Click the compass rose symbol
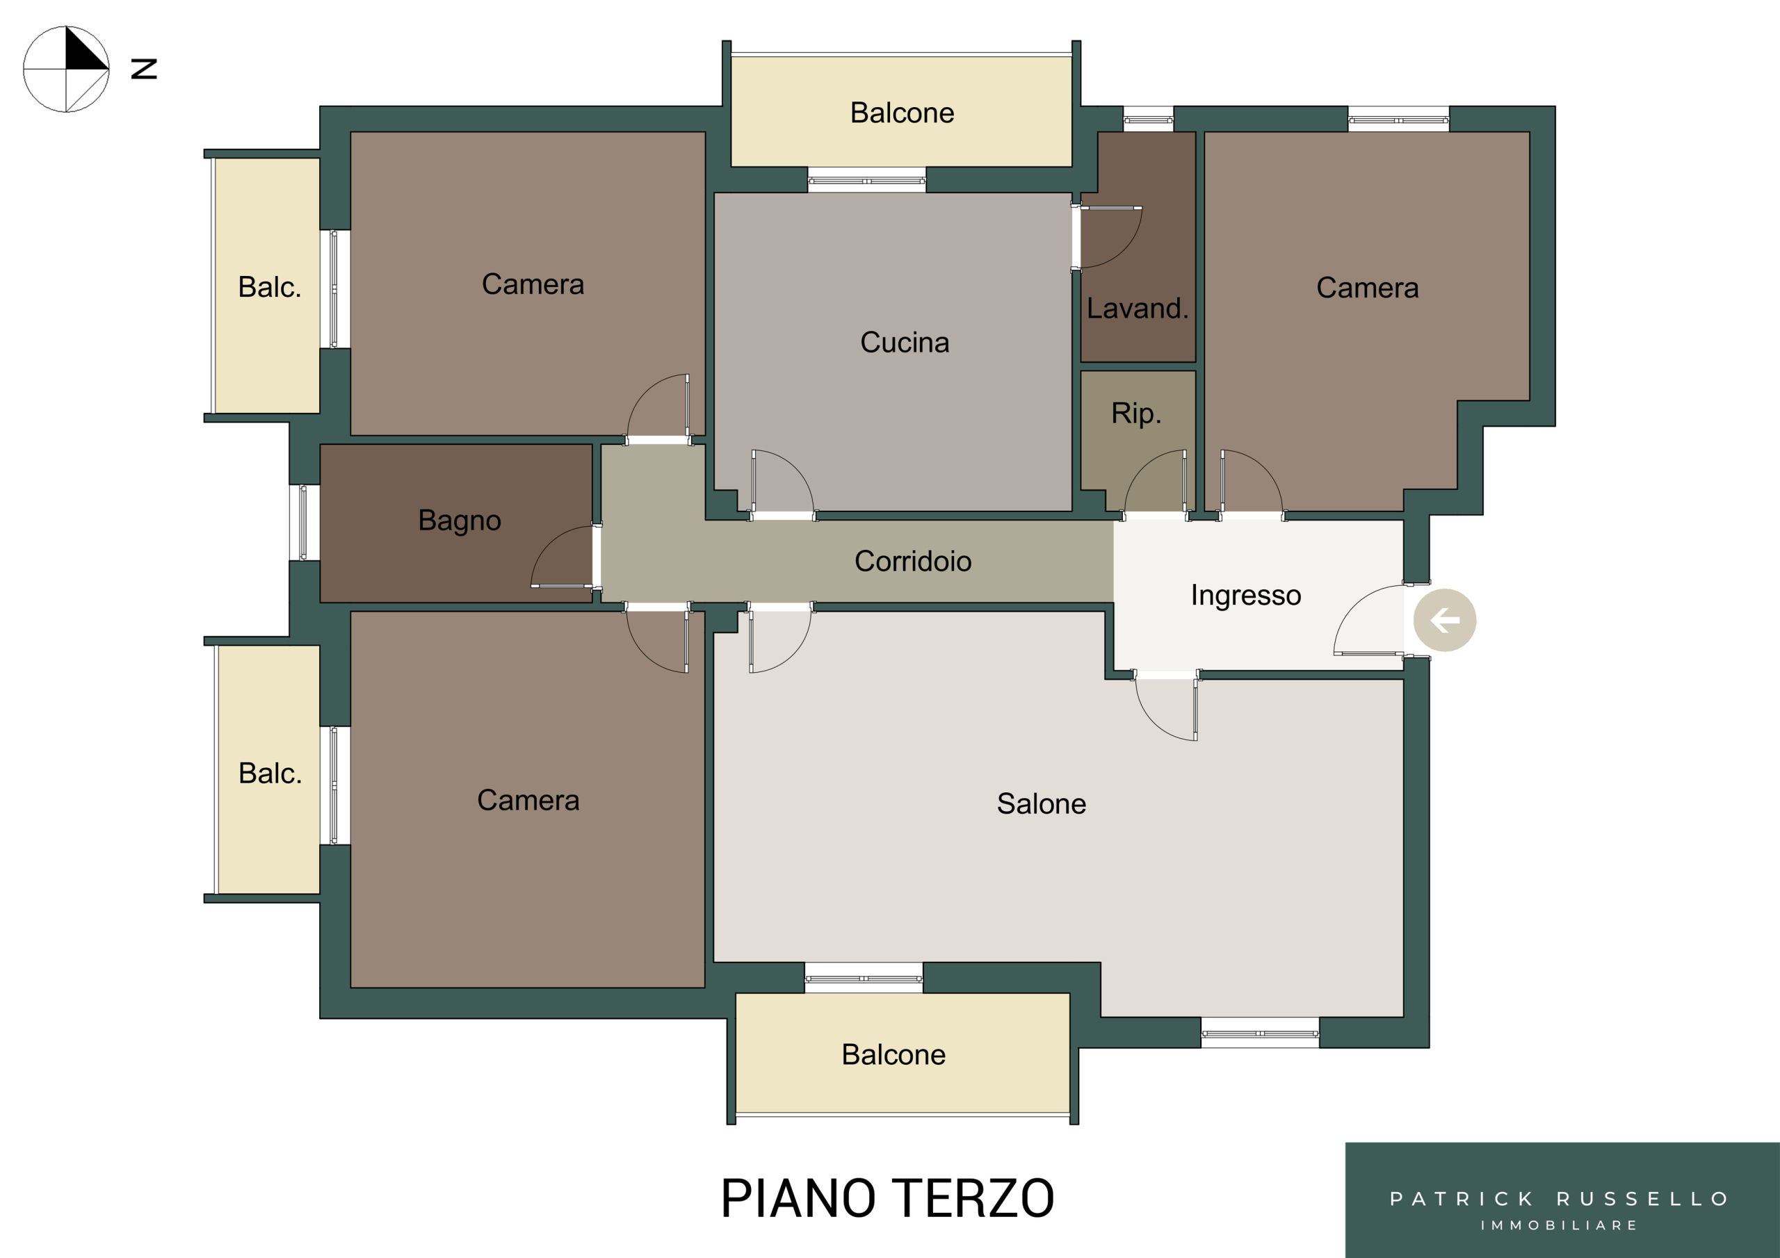coord(66,69)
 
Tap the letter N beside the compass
coord(144,69)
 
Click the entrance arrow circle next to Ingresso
coord(1444,620)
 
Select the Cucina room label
coord(905,343)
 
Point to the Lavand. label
coord(1138,309)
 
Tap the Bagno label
coord(460,521)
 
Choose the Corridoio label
coord(913,561)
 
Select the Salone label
coord(1041,803)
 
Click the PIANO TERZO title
coord(888,1198)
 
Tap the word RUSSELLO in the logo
coord(1643,1199)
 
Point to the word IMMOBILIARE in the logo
coord(1559,1225)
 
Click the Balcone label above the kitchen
coord(903,113)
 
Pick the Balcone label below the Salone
coord(894,1055)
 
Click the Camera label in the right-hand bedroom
coord(1368,288)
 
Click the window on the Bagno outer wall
coord(304,523)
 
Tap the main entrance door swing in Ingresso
coord(1348,608)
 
